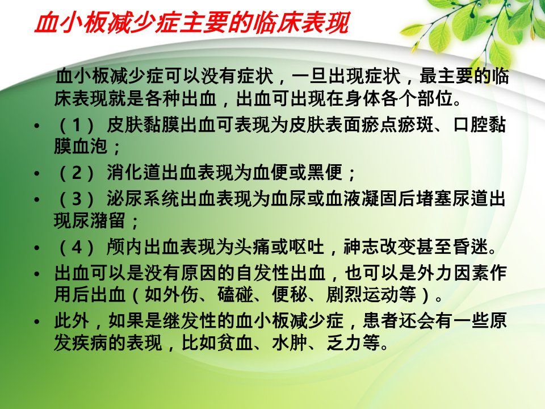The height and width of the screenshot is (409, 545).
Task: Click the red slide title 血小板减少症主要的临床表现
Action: pyautogui.click(x=191, y=23)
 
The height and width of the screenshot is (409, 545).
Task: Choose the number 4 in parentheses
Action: pyautogui.click(x=77, y=247)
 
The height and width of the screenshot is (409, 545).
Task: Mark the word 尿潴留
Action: pyautogui.click(x=98, y=220)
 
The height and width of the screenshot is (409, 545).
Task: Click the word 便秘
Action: pyautogui.click(x=290, y=295)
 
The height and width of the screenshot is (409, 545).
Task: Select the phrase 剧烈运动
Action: pyautogui.click(x=363, y=295)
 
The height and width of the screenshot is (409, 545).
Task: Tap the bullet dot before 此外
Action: pyautogui.click(x=37, y=322)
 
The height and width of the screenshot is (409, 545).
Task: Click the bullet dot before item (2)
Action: pyautogui.click(x=37, y=174)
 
